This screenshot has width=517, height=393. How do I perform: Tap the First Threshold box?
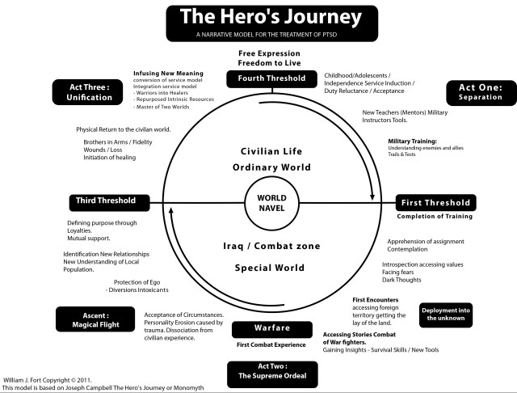pos(435,203)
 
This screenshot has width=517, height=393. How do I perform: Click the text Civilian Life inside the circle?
pos(271,151)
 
